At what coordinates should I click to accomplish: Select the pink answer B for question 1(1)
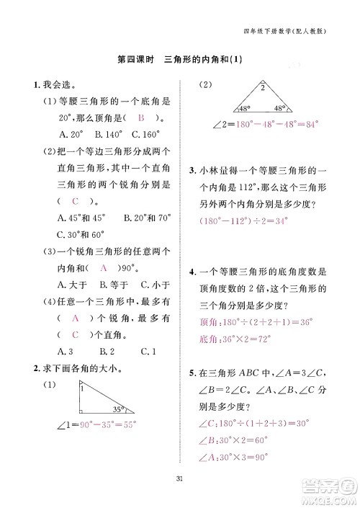coord(142,118)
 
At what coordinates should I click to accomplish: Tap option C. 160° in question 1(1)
coord(144,134)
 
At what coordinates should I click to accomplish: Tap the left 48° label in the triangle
coord(223,108)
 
